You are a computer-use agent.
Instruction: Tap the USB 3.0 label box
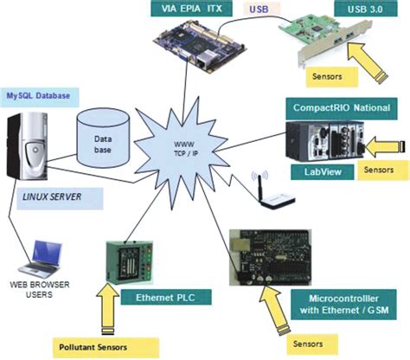pyautogui.click(x=363, y=10)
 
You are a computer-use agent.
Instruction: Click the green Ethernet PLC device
pyautogui.click(x=129, y=259)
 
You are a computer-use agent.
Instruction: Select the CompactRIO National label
pyautogui.click(x=345, y=108)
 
